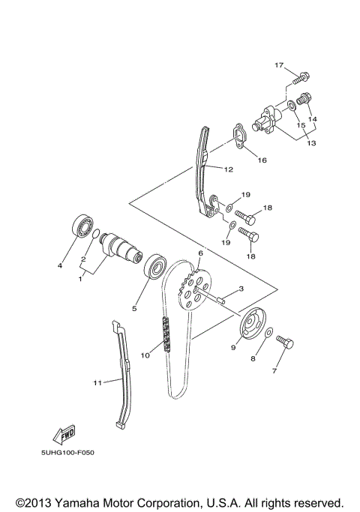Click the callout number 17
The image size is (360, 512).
click(278, 66)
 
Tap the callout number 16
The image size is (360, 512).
click(262, 160)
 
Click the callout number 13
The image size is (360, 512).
click(313, 143)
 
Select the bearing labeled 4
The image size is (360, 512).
click(81, 225)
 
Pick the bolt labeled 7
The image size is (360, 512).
click(286, 342)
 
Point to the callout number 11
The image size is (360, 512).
click(97, 383)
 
